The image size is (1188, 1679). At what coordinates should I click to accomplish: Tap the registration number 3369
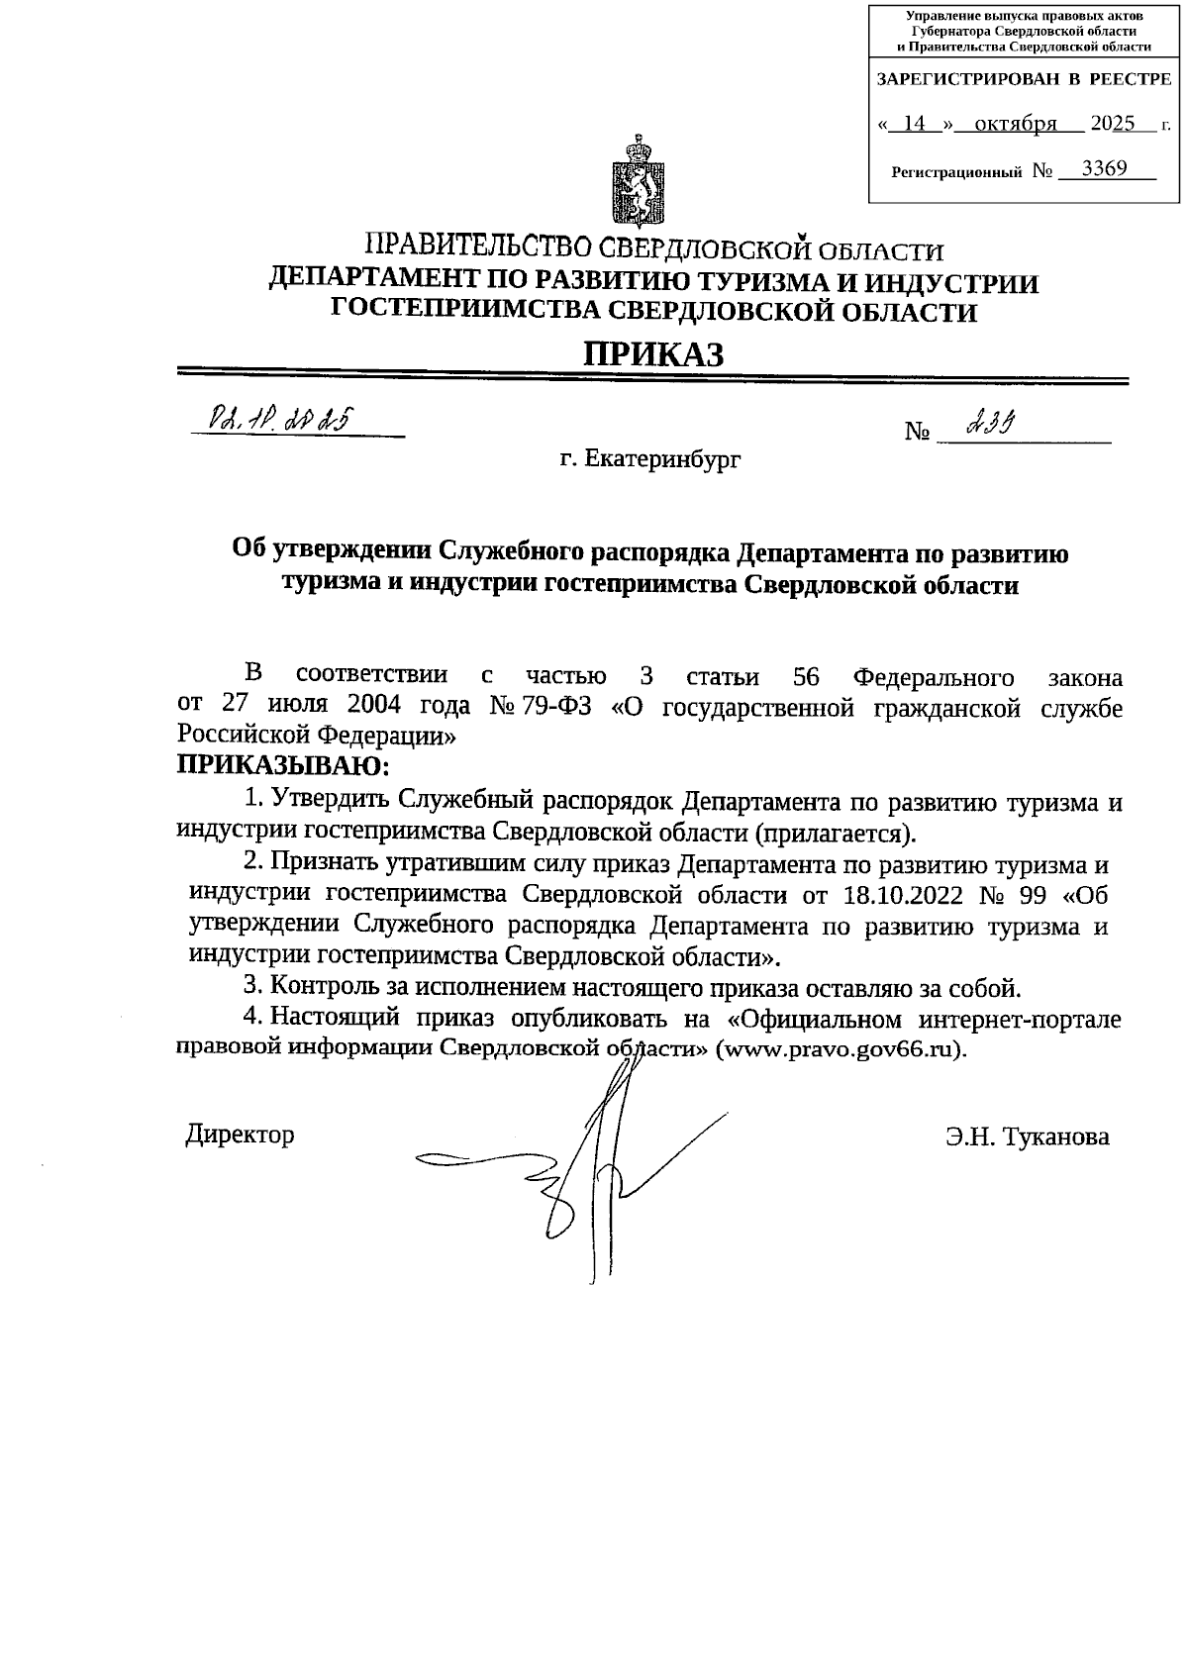1104,168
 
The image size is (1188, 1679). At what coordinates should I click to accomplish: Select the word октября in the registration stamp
1015,124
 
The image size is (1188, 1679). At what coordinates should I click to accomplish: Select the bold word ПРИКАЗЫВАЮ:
284,765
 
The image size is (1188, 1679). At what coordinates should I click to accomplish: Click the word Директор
241,1134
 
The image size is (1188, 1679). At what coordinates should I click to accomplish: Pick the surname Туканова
1056,1136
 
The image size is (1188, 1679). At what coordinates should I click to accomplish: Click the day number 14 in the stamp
915,124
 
